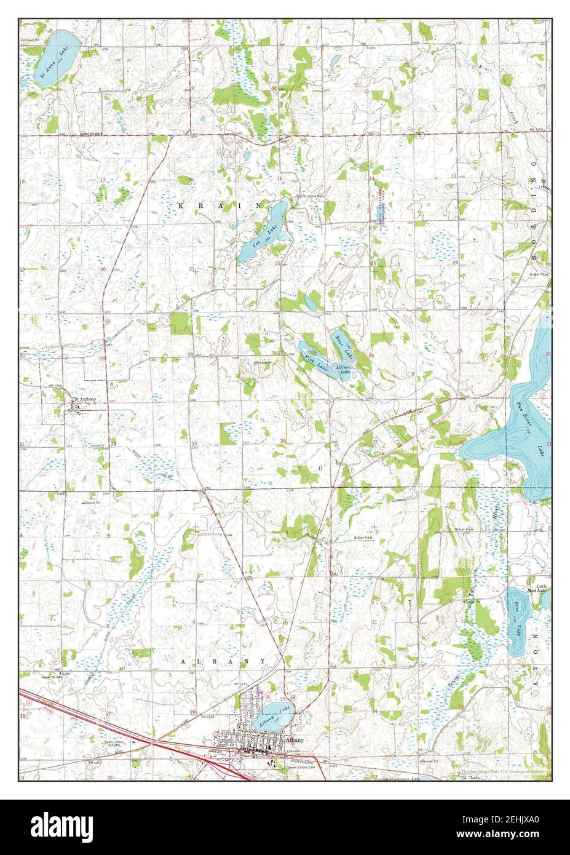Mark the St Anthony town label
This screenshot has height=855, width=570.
pos(85,399)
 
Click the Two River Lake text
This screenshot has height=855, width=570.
pos(534,427)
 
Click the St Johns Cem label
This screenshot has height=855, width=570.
pos(311,197)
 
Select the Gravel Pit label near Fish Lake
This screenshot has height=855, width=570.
pos(264,363)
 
